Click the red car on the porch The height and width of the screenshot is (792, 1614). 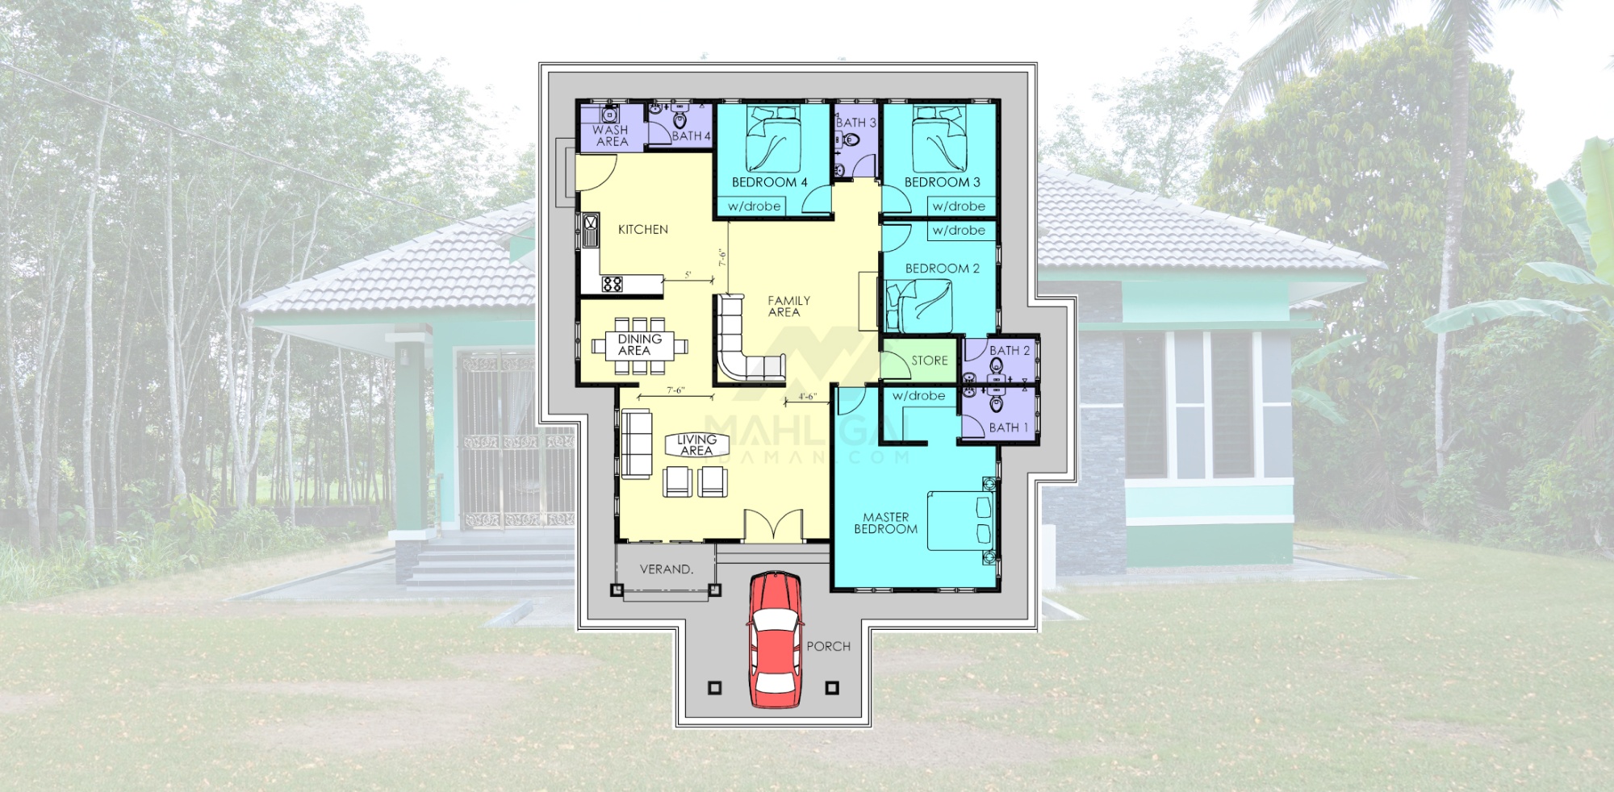pos(775,640)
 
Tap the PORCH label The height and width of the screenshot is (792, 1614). pos(828,646)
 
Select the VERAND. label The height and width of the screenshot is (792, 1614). pos(667,569)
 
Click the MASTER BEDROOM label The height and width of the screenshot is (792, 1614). pos(885,523)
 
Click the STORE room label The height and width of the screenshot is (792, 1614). pos(930,361)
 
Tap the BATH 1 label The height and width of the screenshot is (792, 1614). pos(1009,427)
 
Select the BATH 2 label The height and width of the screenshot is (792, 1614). pos(1010,351)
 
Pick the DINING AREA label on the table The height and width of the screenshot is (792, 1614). pos(638,345)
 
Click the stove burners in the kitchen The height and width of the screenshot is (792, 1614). pos(612,283)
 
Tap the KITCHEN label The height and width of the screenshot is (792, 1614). pos(643,230)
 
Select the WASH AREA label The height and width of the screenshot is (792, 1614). pos(610,135)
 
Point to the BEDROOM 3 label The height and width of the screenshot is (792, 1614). pos(942,182)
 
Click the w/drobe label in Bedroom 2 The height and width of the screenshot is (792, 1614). pos(959,231)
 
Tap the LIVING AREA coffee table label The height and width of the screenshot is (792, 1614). pos(696,445)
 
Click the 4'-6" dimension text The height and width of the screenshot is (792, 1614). pos(807,396)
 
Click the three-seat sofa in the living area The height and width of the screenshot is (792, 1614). pos(636,444)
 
